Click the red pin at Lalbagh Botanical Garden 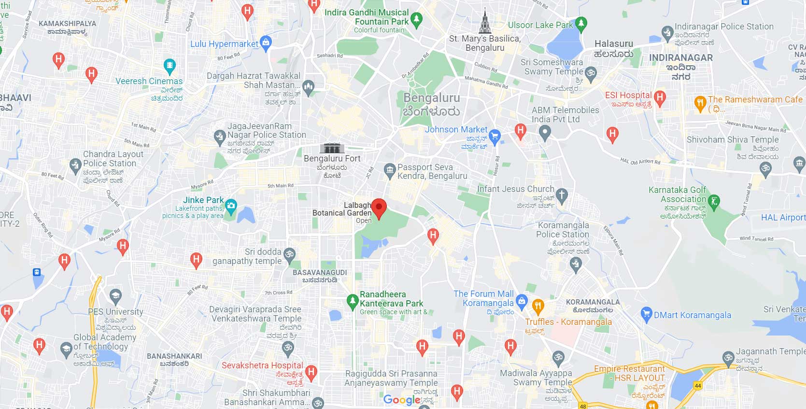(379, 208)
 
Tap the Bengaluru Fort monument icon (332, 147)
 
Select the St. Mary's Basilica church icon (485, 22)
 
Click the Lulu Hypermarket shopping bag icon (266, 43)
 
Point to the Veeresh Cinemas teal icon (169, 65)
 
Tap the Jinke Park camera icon (231, 206)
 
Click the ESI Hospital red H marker (660, 98)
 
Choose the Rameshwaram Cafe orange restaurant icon (700, 102)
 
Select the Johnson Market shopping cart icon (494, 135)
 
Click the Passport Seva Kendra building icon (389, 170)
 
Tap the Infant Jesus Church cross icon (561, 195)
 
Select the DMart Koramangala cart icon (646, 315)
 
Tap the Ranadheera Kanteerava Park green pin (353, 301)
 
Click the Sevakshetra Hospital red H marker (311, 372)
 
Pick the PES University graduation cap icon (115, 295)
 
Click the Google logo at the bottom (402, 400)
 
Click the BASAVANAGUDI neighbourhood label (320, 273)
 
